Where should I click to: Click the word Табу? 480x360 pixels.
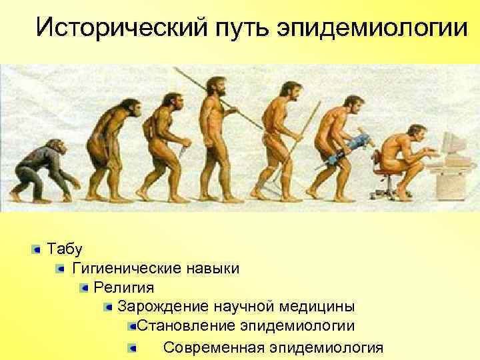coord(64,249)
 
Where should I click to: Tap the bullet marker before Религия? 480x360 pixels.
coord(85,288)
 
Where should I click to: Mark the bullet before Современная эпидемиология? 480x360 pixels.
coord(133,347)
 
